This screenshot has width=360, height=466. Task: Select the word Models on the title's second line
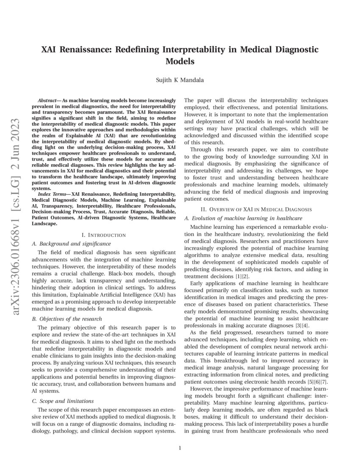pyautogui.click(x=180, y=61)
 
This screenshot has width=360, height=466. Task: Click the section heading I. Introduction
pyautogui.click(x=104, y=235)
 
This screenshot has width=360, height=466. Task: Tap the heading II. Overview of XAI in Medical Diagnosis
pyautogui.click(x=256, y=209)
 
